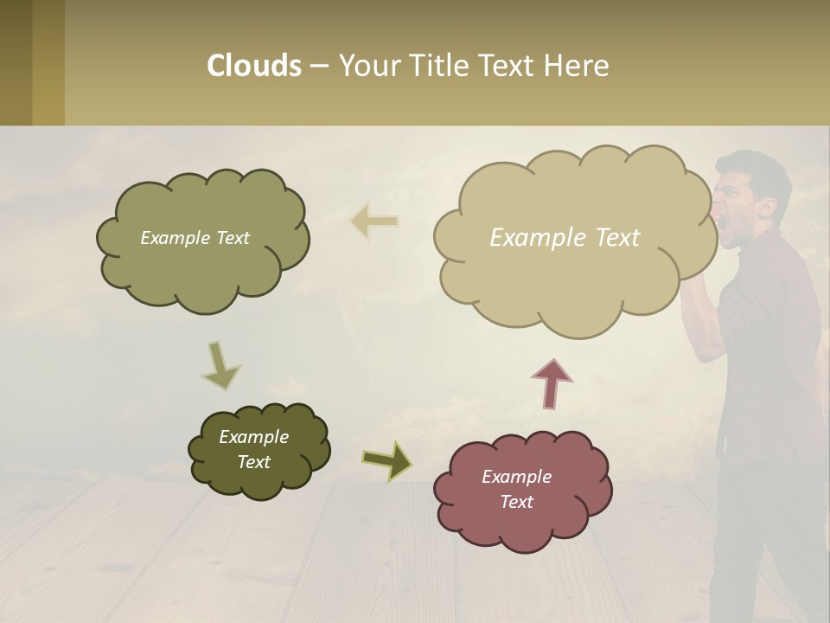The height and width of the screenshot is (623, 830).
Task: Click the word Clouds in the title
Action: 254,66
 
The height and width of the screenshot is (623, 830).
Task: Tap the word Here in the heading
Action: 577,66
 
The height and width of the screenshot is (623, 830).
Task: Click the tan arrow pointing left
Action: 375,222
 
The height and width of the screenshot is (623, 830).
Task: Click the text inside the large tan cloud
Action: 565,238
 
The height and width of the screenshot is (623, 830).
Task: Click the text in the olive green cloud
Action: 195,238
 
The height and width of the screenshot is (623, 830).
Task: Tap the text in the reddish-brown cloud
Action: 516,489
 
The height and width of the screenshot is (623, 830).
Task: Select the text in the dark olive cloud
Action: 253,449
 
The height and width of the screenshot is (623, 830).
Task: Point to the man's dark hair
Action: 757,169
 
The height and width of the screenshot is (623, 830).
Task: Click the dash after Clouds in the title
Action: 319,66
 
